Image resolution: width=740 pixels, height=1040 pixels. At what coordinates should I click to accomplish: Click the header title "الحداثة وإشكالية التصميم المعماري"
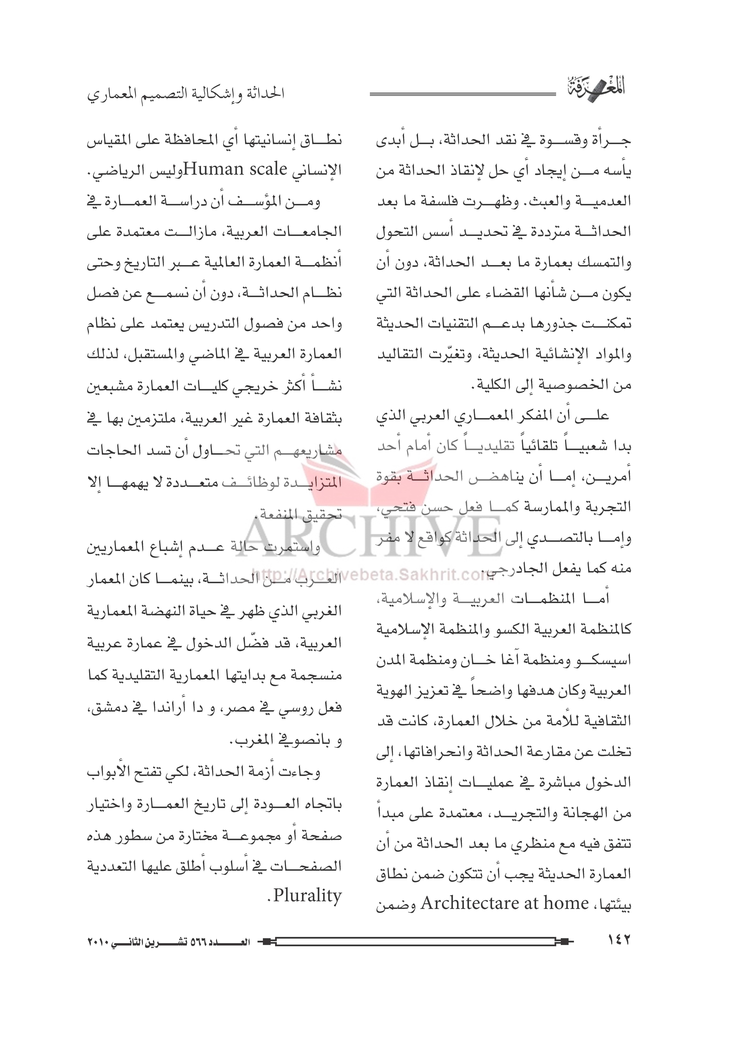pyautogui.click(x=186, y=94)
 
